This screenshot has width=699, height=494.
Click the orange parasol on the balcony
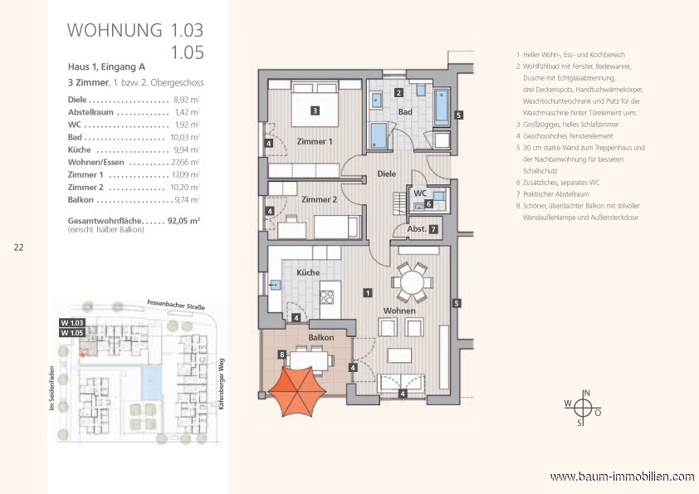coord(298,391)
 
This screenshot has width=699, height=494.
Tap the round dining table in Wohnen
coord(413,282)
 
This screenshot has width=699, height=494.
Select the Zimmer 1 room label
coord(315,141)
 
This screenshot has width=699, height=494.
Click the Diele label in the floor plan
coord(387,174)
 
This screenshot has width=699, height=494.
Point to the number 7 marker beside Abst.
coord(433,230)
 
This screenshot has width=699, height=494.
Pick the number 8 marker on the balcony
coord(281,355)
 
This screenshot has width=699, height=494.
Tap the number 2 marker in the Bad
coord(399,93)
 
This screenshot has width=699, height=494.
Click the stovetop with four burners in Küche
coord(327,297)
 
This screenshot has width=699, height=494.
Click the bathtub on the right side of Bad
coord(442,107)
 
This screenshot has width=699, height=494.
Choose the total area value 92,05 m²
coord(183,220)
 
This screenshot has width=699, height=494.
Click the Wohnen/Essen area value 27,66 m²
coord(185,162)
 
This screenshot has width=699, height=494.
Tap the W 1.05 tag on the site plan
coord(72,333)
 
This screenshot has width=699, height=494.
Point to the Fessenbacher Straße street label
coord(176,305)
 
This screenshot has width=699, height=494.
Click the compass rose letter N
coord(587,393)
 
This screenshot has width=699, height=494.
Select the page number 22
coord(19,247)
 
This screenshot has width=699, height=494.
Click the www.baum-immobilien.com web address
coord(622,477)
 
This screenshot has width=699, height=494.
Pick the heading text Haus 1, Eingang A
coord(106,67)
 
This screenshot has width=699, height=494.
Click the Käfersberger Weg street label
coord(222,384)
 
